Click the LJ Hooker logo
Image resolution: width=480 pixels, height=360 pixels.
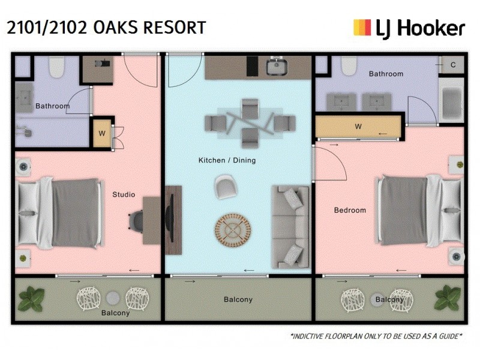point(409,28)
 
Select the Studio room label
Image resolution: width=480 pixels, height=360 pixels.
point(124,194)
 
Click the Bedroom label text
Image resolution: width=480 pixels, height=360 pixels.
point(350,210)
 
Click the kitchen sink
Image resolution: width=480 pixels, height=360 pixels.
point(278,68)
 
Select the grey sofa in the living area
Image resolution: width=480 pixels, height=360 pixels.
point(291,227)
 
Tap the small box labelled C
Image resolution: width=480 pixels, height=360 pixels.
point(452,65)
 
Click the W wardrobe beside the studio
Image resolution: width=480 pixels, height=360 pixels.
point(101,134)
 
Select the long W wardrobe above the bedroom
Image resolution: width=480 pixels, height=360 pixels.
point(358,127)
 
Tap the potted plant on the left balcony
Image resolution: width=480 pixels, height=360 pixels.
point(31,297)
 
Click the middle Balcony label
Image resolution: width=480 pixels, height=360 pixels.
point(238,299)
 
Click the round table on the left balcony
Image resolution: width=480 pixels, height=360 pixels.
point(113,298)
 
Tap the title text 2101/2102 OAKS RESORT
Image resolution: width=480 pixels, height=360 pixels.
point(106,27)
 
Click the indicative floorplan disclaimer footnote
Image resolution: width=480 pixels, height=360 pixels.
point(376,336)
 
